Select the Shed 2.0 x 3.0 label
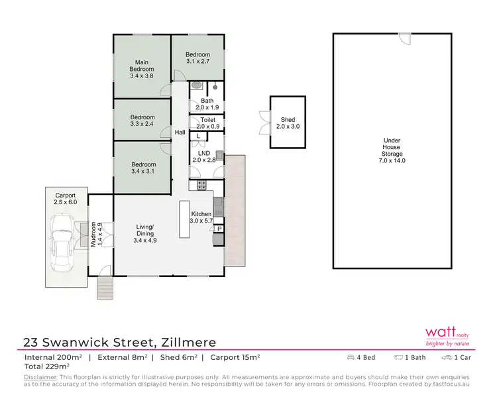pyautogui.click(x=288, y=123)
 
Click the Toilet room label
pyautogui.click(x=208, y=123)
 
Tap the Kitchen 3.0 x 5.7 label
pyautogui.click(x=201, y=217)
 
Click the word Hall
pyautogui.click(x=180, y=133)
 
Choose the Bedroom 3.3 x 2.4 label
pyautogui.click(x=142, y=121)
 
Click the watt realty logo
pyautogui.click(x=447, y=336)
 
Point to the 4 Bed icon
pyautogui.click(x=351, y=358)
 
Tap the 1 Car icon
pyautogui.click(x=448, y=358)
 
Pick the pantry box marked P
pyautogui.click(x=219, y=229)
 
